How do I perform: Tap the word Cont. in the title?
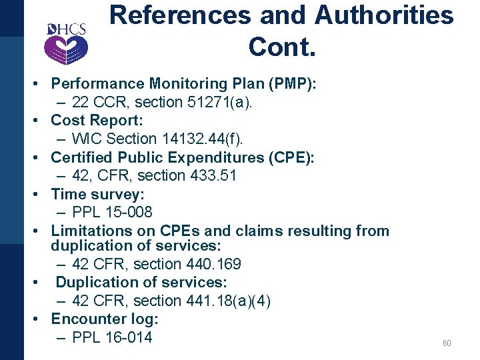point(281,47)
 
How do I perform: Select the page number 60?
point(446,343)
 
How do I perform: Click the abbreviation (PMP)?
point(291,84)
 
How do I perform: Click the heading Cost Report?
point(97,121)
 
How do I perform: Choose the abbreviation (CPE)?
point(289,157)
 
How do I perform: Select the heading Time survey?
point(97,195)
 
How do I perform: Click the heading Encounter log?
point(104,319)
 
